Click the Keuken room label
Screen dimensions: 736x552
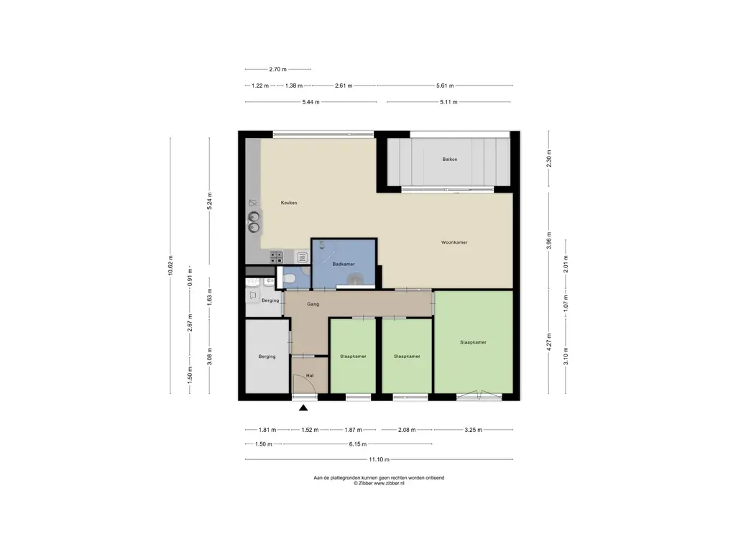click(289, 203)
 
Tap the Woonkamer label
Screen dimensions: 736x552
click(454, 242)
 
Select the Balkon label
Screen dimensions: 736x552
click(450, 159)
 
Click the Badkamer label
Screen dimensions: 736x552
click(344, 264)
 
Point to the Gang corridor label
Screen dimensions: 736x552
click(313, 304)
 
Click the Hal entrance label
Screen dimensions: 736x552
click(310, 375)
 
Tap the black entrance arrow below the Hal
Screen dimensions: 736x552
click(303, 408)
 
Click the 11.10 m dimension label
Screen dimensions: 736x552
click(379, 459)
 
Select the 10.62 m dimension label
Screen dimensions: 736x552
click(171, 266)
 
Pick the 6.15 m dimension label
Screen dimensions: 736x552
click(358, 444)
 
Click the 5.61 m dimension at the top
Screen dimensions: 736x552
click(445, 86)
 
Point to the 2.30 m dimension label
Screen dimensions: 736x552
click(549, 158)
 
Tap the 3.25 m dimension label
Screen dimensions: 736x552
click(473, 430)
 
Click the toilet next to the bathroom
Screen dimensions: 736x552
click(290, 279)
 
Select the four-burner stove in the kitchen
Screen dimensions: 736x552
click(276, 257)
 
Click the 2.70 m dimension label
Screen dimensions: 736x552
click(278, 70)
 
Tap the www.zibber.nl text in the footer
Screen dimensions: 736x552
click(389, 483)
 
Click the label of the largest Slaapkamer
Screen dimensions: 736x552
click(473, 342)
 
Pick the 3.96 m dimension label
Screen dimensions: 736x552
click(549, 241)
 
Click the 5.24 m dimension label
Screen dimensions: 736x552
click(210, 201)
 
